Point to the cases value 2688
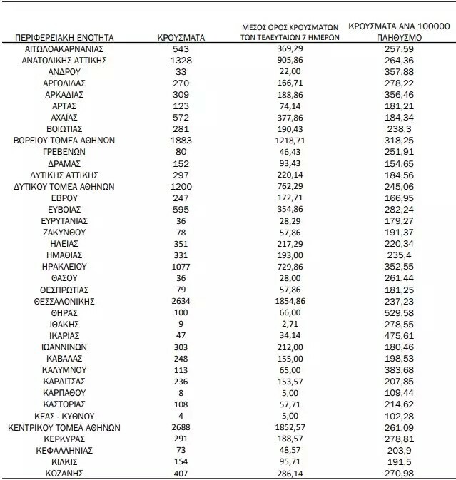point(181,428)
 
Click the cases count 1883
point(181,140)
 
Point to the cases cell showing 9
point(181,324)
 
